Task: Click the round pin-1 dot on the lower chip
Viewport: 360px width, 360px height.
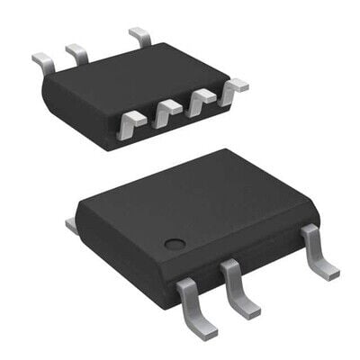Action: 175,243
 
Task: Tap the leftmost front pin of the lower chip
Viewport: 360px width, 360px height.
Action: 190,301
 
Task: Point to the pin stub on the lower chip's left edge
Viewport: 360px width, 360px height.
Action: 71,223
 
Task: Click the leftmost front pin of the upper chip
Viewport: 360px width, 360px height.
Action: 132,121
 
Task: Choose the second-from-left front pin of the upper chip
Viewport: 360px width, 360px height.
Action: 166,112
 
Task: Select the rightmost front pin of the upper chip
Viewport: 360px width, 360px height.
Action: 234,87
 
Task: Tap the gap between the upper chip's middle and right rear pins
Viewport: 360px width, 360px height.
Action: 108,47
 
